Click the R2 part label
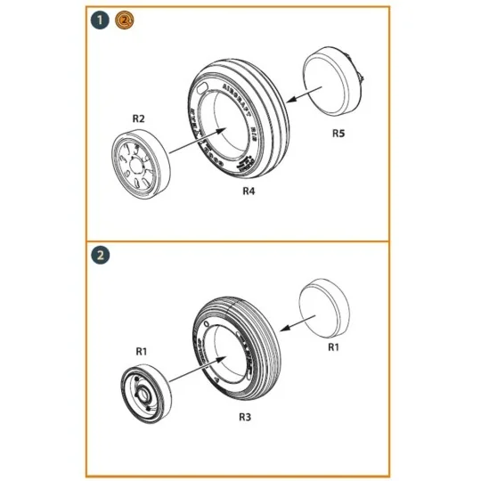pyautogui.click(x=139, y=118)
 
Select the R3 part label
pyautogui.click(x=243, y=414)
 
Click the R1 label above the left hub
pyautogui.click(x=141, y=351)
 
